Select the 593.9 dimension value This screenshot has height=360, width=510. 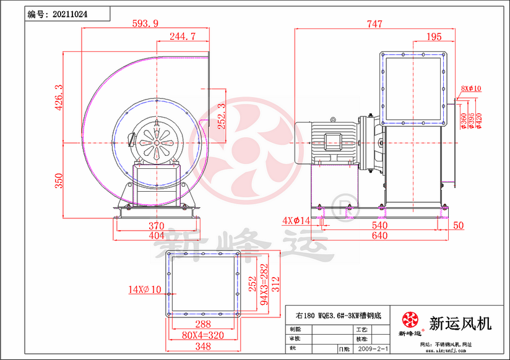[145, 24]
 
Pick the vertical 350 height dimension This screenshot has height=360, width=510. [59, 181]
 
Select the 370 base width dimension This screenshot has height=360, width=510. [155, 226]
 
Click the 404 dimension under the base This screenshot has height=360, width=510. [155, 236]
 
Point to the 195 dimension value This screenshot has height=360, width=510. [434, 37]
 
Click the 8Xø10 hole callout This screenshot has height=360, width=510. [471, 88]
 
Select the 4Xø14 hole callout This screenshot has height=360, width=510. [296, 220]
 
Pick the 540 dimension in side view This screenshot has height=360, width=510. [379, 226]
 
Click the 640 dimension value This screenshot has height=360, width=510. [379, 236]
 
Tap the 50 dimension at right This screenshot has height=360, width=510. [458, 226]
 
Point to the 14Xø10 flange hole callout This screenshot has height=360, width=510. [144, 289]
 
